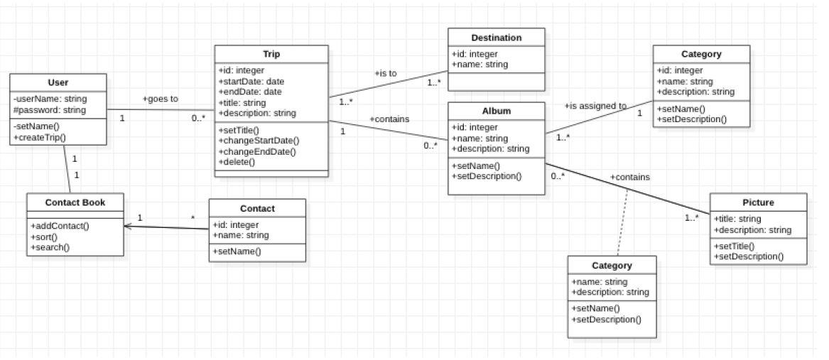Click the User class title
[x=59, y=82]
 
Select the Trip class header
[x=271, y=55]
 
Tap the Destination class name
[x=496, y=38]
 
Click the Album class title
[x=496, y=111]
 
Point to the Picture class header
[x=758, y=202]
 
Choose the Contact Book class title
[x=75, y=202]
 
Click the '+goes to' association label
[x=160, y=99]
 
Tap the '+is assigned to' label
[x=595, y=106]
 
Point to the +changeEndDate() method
[x=257, y=151]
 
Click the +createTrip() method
[x=39, y=137]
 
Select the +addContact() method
[x=60, y=225]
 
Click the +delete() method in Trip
[x=237, y=162]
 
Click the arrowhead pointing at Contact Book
[x=129, y=227]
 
